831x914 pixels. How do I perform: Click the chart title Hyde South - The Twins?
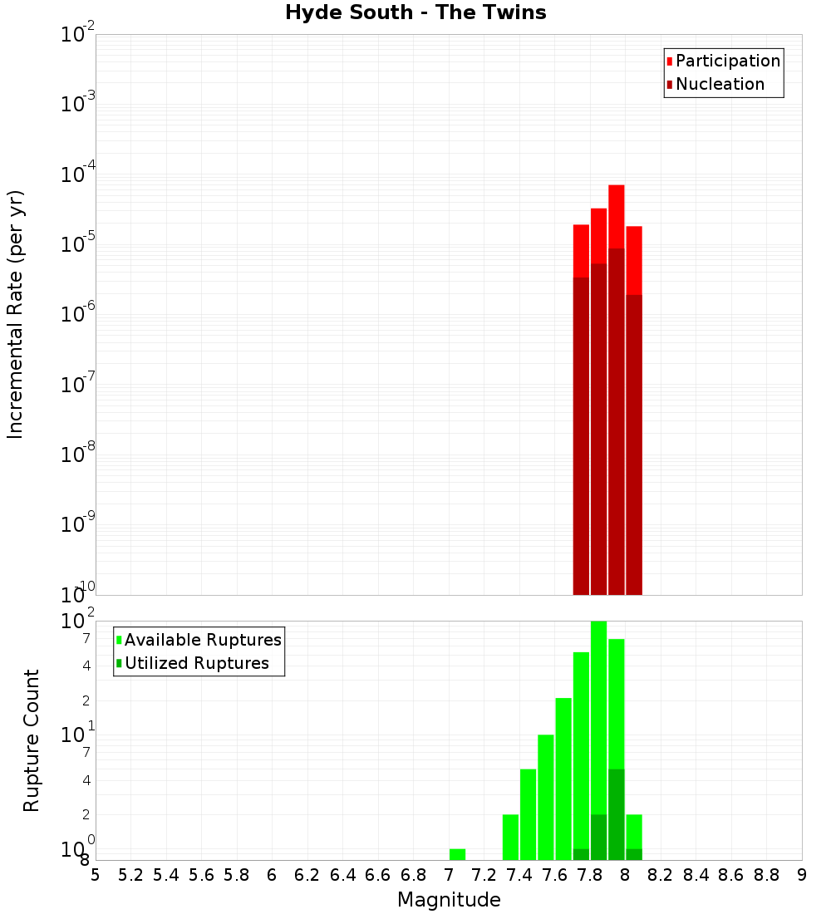(x=415, y=13)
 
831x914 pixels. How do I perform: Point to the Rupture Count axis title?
(x=32, y=740)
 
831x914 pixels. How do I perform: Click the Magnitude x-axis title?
(x=449, y=900)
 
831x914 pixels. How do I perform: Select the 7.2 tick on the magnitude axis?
(x=484, y=875)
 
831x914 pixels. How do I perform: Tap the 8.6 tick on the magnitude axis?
(x=731, y=875)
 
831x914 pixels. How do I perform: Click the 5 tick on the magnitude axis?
(x=96, y=875)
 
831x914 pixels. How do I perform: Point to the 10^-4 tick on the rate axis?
(x=79, y=174)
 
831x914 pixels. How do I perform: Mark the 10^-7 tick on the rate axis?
(x=79, y=385)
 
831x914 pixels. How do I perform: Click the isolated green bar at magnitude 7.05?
(x=457, y=854)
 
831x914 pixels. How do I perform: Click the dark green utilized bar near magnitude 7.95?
(x=616, y=814)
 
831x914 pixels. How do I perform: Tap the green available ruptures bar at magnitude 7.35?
(x=510, y=837)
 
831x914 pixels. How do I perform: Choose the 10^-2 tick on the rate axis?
(x=79, y=35)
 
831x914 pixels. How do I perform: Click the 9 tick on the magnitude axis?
(x=802, y=875)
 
